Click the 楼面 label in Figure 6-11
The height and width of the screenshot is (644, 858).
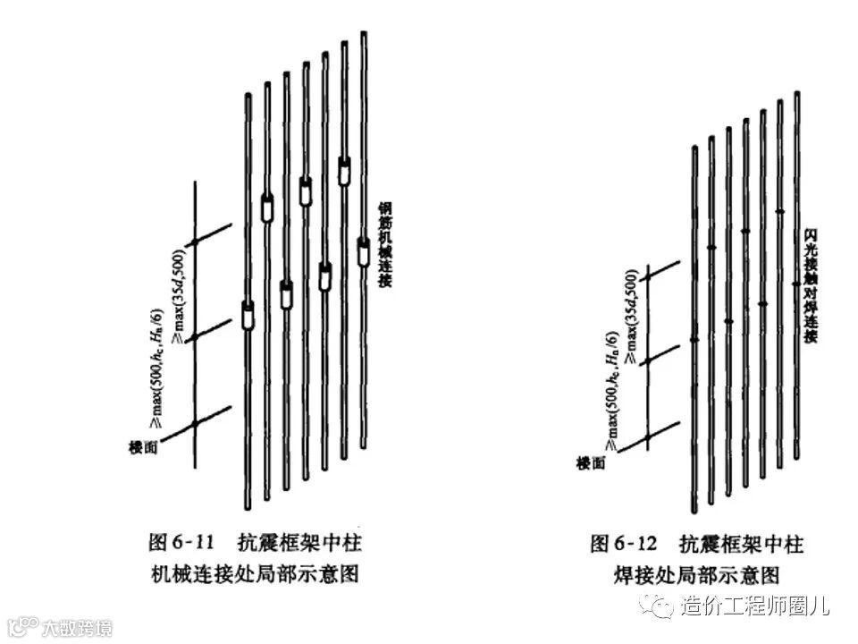pos(144,445)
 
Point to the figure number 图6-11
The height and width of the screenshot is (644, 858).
pos(181,542)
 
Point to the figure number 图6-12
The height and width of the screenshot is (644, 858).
pos(624,543)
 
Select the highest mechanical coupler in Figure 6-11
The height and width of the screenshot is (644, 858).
pos(344,170)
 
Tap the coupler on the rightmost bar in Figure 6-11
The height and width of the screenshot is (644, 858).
pos(364,251)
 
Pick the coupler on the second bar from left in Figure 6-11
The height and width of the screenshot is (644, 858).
pos(267,208)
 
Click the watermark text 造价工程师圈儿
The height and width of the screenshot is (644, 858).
pos(755,606)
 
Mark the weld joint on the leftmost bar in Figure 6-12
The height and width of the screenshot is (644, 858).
pos(694,339)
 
